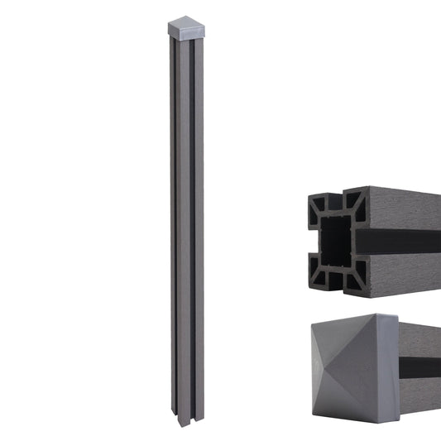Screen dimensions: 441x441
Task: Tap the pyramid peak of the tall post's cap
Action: tap(185, 22)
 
